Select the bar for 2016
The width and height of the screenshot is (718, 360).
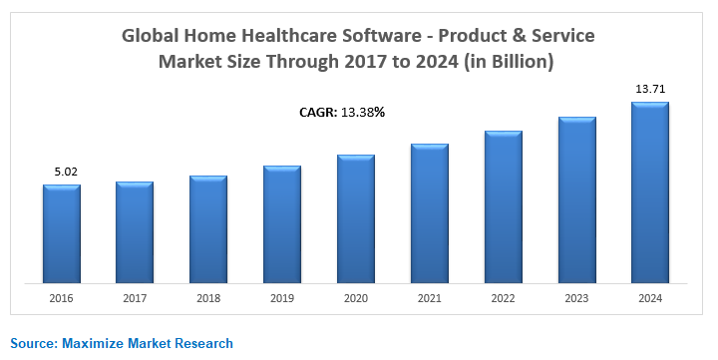(x=62, y=232)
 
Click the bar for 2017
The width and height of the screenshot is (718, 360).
(x=135, y=231)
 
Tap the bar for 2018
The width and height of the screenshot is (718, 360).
(x=208, y=228)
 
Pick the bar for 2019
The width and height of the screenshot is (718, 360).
(x=282, y=223)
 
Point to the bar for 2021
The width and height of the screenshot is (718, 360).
(x=430, y=212)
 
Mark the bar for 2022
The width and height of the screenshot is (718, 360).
(x=504, y=205)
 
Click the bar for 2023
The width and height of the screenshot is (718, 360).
(x=577, y=198)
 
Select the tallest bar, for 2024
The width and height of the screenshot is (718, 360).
(x=650, y=191)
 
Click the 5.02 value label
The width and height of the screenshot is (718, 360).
(x=66, y=172)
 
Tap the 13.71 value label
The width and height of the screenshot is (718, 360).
(x=650, y=89)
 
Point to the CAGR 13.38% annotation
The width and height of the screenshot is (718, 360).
(x=342, y=112)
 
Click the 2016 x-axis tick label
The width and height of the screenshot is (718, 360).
(x=62, y=297)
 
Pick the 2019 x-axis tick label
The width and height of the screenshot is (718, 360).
(x=282, y=297)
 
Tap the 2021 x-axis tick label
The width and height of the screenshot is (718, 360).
(x=430, y=297)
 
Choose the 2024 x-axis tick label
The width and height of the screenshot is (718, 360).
(x=650, y=297)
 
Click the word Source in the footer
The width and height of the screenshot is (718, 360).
(x=33, y=343)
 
